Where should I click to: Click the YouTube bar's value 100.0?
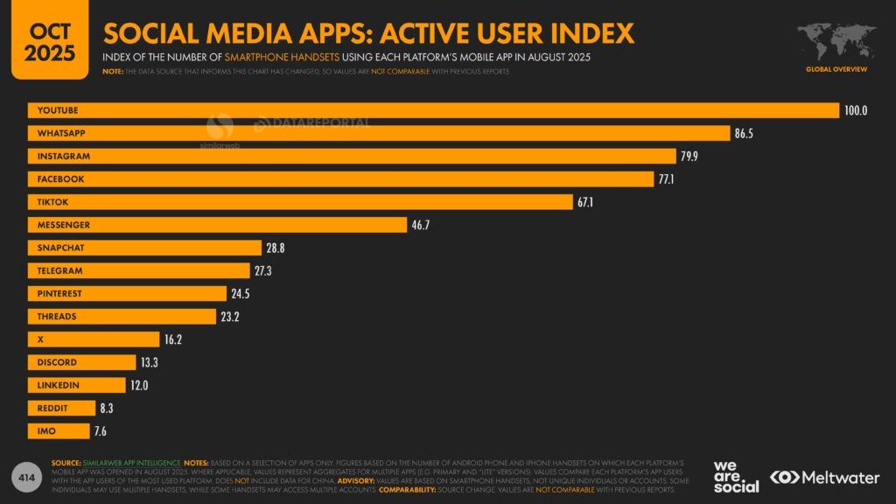855,110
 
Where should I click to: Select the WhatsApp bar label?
61,133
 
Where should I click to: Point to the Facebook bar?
350,178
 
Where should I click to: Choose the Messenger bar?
219,225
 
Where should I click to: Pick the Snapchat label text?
60,248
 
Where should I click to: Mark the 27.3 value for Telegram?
262,271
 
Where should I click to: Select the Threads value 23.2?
230,317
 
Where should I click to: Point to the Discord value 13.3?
148,362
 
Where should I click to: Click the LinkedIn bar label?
58,385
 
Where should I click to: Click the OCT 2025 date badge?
49,40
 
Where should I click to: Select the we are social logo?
736,476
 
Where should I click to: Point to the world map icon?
836,42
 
